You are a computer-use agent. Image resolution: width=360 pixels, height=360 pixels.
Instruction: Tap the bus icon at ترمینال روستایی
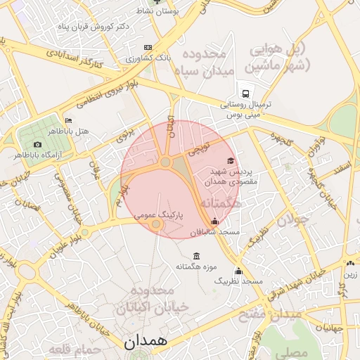coord(246,93)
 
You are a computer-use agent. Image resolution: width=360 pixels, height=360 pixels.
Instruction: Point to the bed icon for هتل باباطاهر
coord(68,120)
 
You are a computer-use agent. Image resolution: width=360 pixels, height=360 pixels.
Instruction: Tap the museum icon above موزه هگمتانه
coord(195,255)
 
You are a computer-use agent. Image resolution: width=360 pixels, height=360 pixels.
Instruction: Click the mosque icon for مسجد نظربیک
coord(238,271)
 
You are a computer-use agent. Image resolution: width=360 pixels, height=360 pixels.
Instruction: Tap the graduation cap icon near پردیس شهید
coord(231,161)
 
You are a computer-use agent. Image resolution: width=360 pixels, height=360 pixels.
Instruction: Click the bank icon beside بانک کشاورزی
coord(147,47)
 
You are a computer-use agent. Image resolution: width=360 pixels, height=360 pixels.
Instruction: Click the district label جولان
coord(292,219)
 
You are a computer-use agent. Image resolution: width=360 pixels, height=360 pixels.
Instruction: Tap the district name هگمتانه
coord(220,204)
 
